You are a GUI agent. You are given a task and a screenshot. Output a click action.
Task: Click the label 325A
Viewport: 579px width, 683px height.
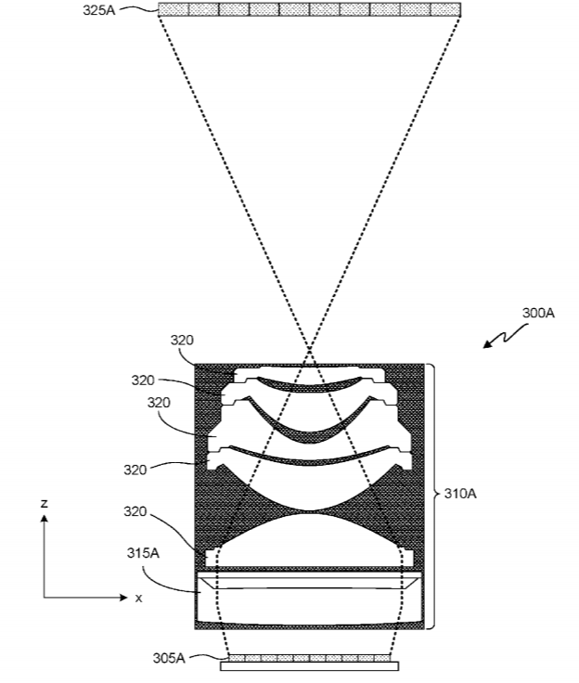99,9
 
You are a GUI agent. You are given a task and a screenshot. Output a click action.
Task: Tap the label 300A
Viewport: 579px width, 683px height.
538,313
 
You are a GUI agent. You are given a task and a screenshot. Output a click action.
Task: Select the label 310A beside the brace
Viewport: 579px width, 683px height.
460,494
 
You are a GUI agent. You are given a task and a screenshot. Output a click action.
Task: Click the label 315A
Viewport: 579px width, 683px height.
143,553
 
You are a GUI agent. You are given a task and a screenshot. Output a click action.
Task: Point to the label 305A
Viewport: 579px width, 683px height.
169,658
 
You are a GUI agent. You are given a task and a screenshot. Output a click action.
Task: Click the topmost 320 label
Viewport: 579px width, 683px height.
182,340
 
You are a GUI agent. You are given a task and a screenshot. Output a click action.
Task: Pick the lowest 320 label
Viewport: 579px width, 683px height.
135,511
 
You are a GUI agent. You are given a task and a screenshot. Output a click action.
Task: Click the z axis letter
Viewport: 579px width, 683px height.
44,504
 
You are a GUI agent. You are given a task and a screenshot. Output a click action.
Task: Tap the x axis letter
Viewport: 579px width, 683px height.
138,598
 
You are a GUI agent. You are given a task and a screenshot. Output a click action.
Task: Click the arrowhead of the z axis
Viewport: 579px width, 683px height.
44,519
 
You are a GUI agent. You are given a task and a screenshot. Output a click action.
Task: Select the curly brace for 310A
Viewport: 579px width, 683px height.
431,496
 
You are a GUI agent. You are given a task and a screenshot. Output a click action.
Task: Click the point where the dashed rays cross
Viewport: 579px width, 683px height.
309,349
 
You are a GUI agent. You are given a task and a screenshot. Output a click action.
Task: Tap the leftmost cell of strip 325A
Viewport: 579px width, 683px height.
173,9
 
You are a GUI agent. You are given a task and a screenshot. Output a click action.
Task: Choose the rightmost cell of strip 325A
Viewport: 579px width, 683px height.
445,9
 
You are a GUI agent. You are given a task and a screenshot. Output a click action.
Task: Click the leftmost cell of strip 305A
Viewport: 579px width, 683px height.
236,658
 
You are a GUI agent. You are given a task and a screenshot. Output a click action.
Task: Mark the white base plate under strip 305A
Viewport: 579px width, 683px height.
309,666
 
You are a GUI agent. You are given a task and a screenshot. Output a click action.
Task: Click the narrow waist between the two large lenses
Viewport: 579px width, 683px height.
309,512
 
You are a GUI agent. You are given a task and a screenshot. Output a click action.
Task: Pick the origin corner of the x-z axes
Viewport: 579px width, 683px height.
44,598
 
